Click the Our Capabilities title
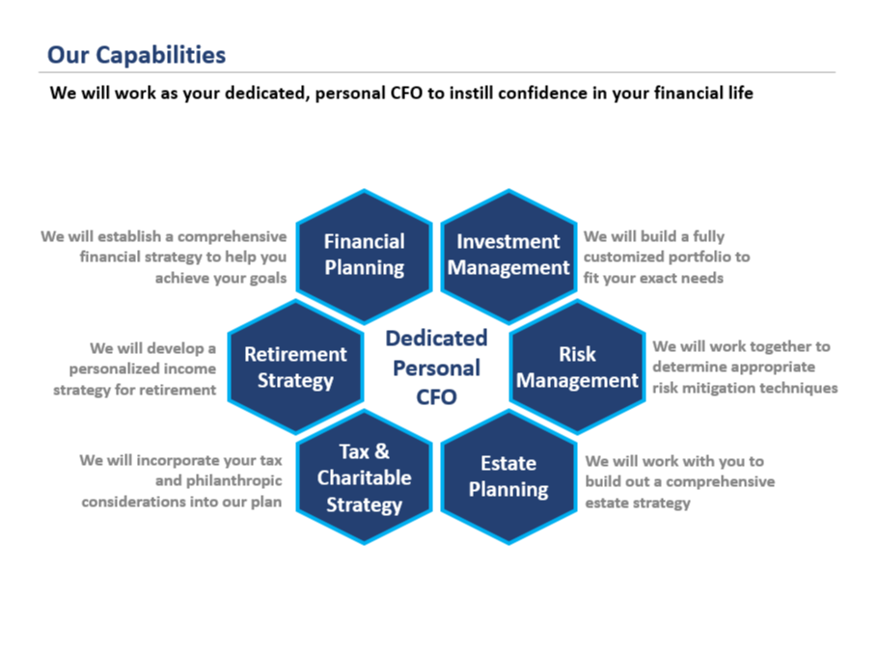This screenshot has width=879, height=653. [x=136, y=55]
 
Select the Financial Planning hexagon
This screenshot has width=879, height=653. [x=365, y=257]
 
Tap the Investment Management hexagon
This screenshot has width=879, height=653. [x=508, y=257]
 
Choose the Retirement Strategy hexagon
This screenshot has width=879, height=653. [x=295, y=367]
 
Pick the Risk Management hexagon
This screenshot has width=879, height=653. [x=577, y=367]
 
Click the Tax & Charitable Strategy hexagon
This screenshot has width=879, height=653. [x=365, y=477]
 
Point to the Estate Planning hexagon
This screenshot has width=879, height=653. [x=508, y=477]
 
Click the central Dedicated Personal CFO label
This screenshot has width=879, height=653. [x=437, y=367]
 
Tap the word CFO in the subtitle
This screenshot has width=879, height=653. [x=406, y=93]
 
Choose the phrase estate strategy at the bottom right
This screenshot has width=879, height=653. [x=638, y=503]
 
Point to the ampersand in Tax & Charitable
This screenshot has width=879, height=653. [x=382, y=451]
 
